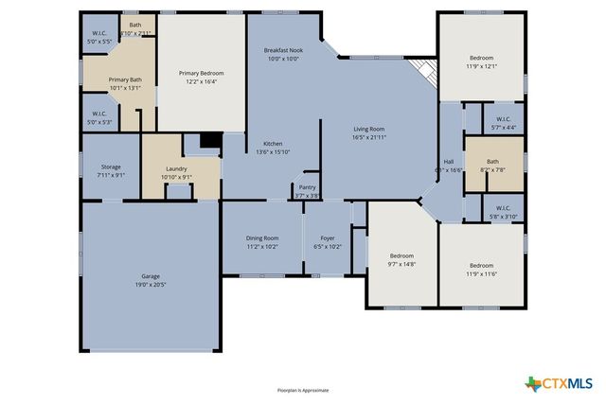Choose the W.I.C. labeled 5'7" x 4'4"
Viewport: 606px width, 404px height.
(502, 123)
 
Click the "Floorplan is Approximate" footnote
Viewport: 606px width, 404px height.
(302, 389)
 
